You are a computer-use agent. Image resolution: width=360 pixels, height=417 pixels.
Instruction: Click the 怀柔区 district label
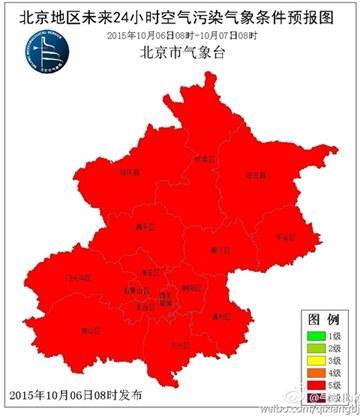pyautogui.click(x=205, y=158)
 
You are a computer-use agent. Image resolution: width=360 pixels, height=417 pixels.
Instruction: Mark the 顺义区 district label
pyautogui.click(x=220, y=250)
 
